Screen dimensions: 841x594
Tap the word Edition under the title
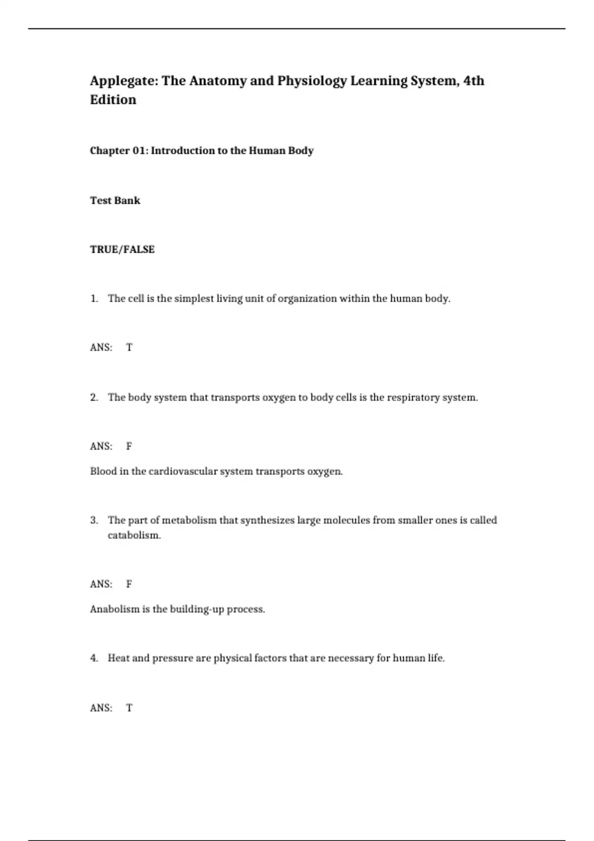113,100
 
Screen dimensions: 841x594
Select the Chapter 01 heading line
201,150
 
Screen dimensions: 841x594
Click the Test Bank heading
115,200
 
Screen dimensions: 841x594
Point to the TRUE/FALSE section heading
122,249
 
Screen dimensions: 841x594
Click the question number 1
94,298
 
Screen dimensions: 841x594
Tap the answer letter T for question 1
129,347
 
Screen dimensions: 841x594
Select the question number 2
94,397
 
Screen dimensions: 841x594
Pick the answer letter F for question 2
129,446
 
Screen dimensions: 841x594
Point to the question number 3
94,520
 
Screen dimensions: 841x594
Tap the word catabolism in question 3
134,535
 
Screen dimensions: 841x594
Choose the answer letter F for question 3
129,584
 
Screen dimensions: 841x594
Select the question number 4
94,658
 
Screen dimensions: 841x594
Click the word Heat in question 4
119,658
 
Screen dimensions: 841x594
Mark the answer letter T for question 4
129,708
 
